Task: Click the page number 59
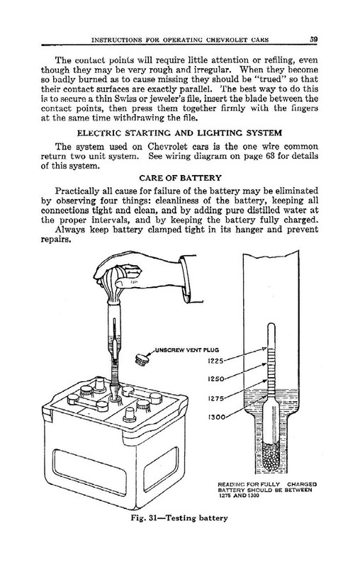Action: click(x=313, y=40)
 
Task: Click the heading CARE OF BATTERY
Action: click(x=180, y=178)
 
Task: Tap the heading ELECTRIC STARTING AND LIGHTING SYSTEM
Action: click(x=179, y=133)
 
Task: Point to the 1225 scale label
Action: click(x=215, y=361)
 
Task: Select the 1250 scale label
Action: click(x=215, y=379)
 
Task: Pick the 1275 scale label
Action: click(x=215, y=398)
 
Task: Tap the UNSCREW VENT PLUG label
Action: click(x=187, y=350)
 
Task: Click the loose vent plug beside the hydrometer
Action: click(x=142, y=359)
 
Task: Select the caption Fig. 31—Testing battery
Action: click(x=179, y=518)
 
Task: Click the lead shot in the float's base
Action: click(x=271, y=458)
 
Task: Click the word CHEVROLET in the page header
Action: click(x=226, y=40)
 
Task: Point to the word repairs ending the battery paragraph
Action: click(x=55, y=240)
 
